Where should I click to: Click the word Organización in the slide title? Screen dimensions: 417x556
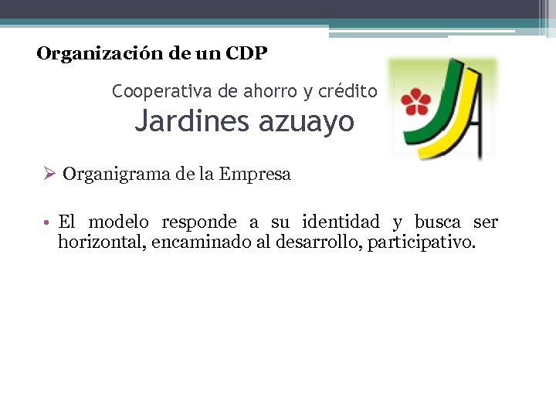92,54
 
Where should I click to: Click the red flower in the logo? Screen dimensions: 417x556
418,101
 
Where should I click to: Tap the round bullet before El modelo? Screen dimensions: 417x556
47,223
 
